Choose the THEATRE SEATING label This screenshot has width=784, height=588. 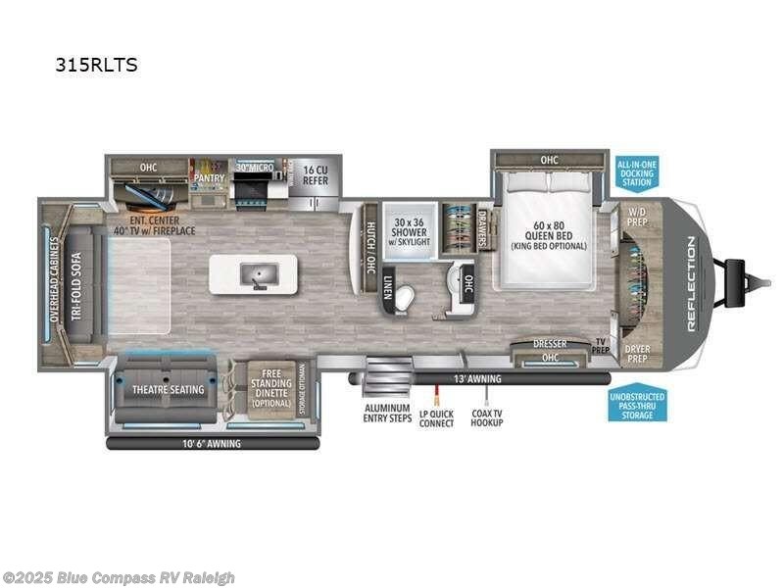coord(169,389)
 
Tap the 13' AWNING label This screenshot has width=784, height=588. coord(477,378)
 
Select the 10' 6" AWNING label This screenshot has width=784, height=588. coord(211,443)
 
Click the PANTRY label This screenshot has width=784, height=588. coord(209,177)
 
